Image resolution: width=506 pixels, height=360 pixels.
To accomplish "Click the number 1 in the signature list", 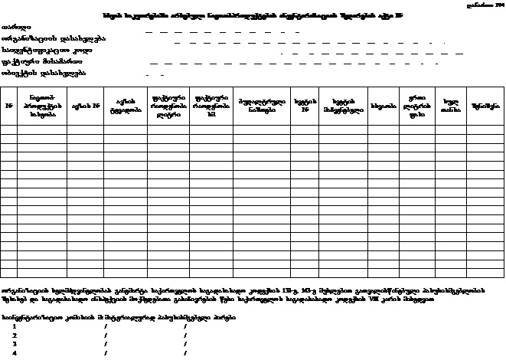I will (15, 326).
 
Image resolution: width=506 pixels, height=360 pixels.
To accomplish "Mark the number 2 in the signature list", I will (15, 335).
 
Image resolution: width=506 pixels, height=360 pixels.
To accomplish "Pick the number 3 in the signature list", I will (15, 343).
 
